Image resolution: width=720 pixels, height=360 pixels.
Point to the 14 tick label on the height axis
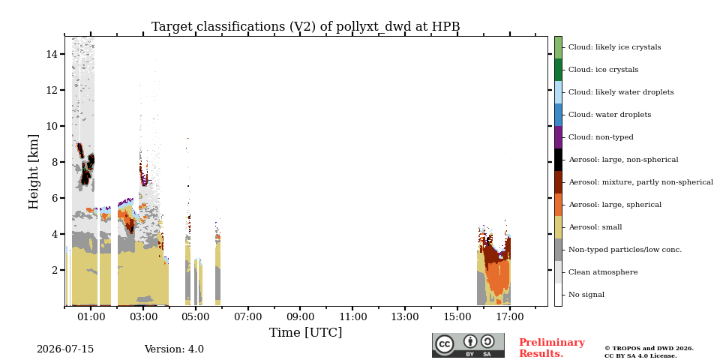tap(52, 54)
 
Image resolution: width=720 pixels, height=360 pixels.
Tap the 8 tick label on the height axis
tap(55, 162)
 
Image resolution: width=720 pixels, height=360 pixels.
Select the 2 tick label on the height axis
tap(55, 270)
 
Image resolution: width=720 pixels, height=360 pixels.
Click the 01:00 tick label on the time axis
tap(91, 316)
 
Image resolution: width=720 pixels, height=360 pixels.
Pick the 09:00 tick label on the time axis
tap(300, 316)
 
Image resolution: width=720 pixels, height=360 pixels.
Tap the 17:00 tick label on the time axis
tap(510, 316)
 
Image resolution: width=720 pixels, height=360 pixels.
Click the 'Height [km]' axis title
tap(34, 172)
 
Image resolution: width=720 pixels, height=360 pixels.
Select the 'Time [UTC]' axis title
tap(306, 332)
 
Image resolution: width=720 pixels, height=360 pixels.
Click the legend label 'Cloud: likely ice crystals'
tap(615, 47)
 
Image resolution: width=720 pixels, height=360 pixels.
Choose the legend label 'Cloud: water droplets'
tap(610, 115)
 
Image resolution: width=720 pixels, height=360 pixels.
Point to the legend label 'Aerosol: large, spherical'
tap(615, 205)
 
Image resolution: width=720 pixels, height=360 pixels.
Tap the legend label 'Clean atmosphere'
tap(603, 272)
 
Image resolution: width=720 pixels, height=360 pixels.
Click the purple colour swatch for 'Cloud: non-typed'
tap(558, 137)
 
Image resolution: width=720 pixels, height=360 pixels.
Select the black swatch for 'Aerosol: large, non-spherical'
tap(558, 160)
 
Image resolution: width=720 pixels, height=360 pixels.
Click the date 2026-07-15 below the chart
tap(65, 349)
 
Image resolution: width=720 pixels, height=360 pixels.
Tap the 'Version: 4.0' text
tap(174, 349)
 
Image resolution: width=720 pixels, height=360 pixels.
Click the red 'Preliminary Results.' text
tap(552, 348)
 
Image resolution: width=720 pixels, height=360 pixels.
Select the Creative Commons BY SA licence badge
tap(468, 345)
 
